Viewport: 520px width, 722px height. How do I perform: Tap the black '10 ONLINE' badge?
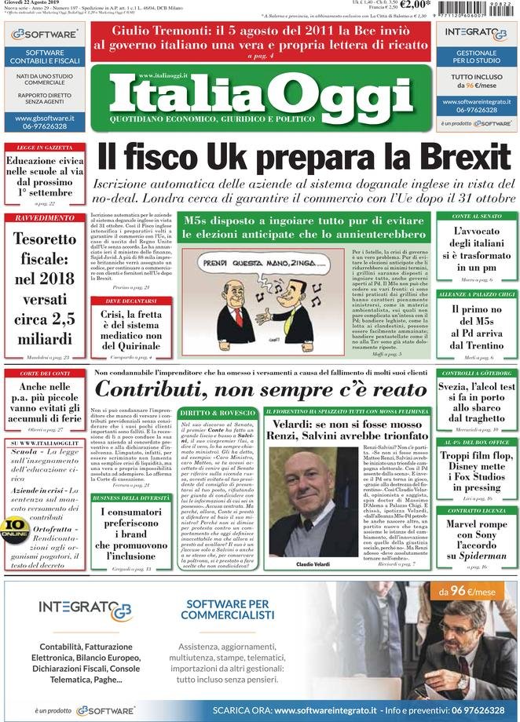15,527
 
